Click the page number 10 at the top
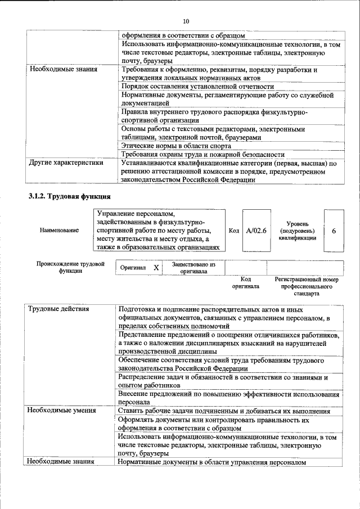tap(186, 21)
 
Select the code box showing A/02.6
tap(255, 231)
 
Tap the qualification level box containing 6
tap(334, 231)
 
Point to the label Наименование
tap(59, 231)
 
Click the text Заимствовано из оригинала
tap(193, 268)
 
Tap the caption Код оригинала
tap(246, 282)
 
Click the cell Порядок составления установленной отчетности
tap(197, 87)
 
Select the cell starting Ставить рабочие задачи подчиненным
tap(224, 411)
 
